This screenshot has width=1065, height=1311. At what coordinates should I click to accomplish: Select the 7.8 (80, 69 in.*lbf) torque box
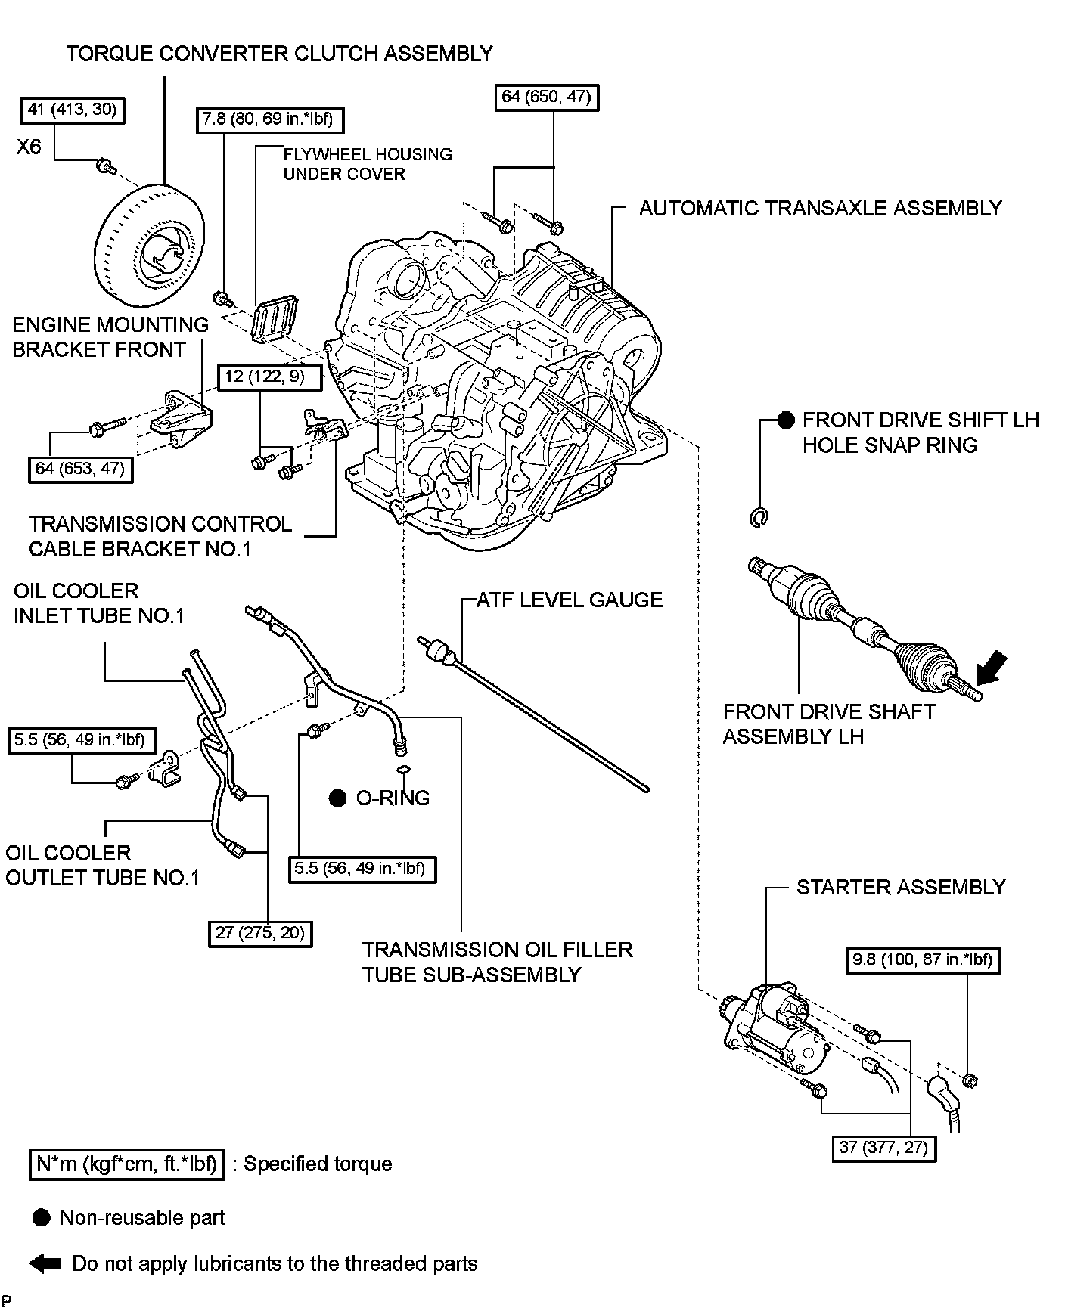pos(269,119)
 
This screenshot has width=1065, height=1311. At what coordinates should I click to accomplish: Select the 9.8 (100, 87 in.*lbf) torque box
pos(922,959)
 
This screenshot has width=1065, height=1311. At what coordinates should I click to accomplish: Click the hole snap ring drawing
pos(759,517)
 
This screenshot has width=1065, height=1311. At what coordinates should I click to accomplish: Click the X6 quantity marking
pos(29,146)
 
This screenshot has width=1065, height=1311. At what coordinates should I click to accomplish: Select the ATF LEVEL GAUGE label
pos(570,600)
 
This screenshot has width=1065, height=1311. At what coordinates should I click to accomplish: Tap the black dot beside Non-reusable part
pos(42,1217)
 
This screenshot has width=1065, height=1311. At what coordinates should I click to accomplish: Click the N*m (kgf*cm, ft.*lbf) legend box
pos(127,1164)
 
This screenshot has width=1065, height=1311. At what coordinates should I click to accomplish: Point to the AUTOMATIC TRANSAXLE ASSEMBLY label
pos(820,208)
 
